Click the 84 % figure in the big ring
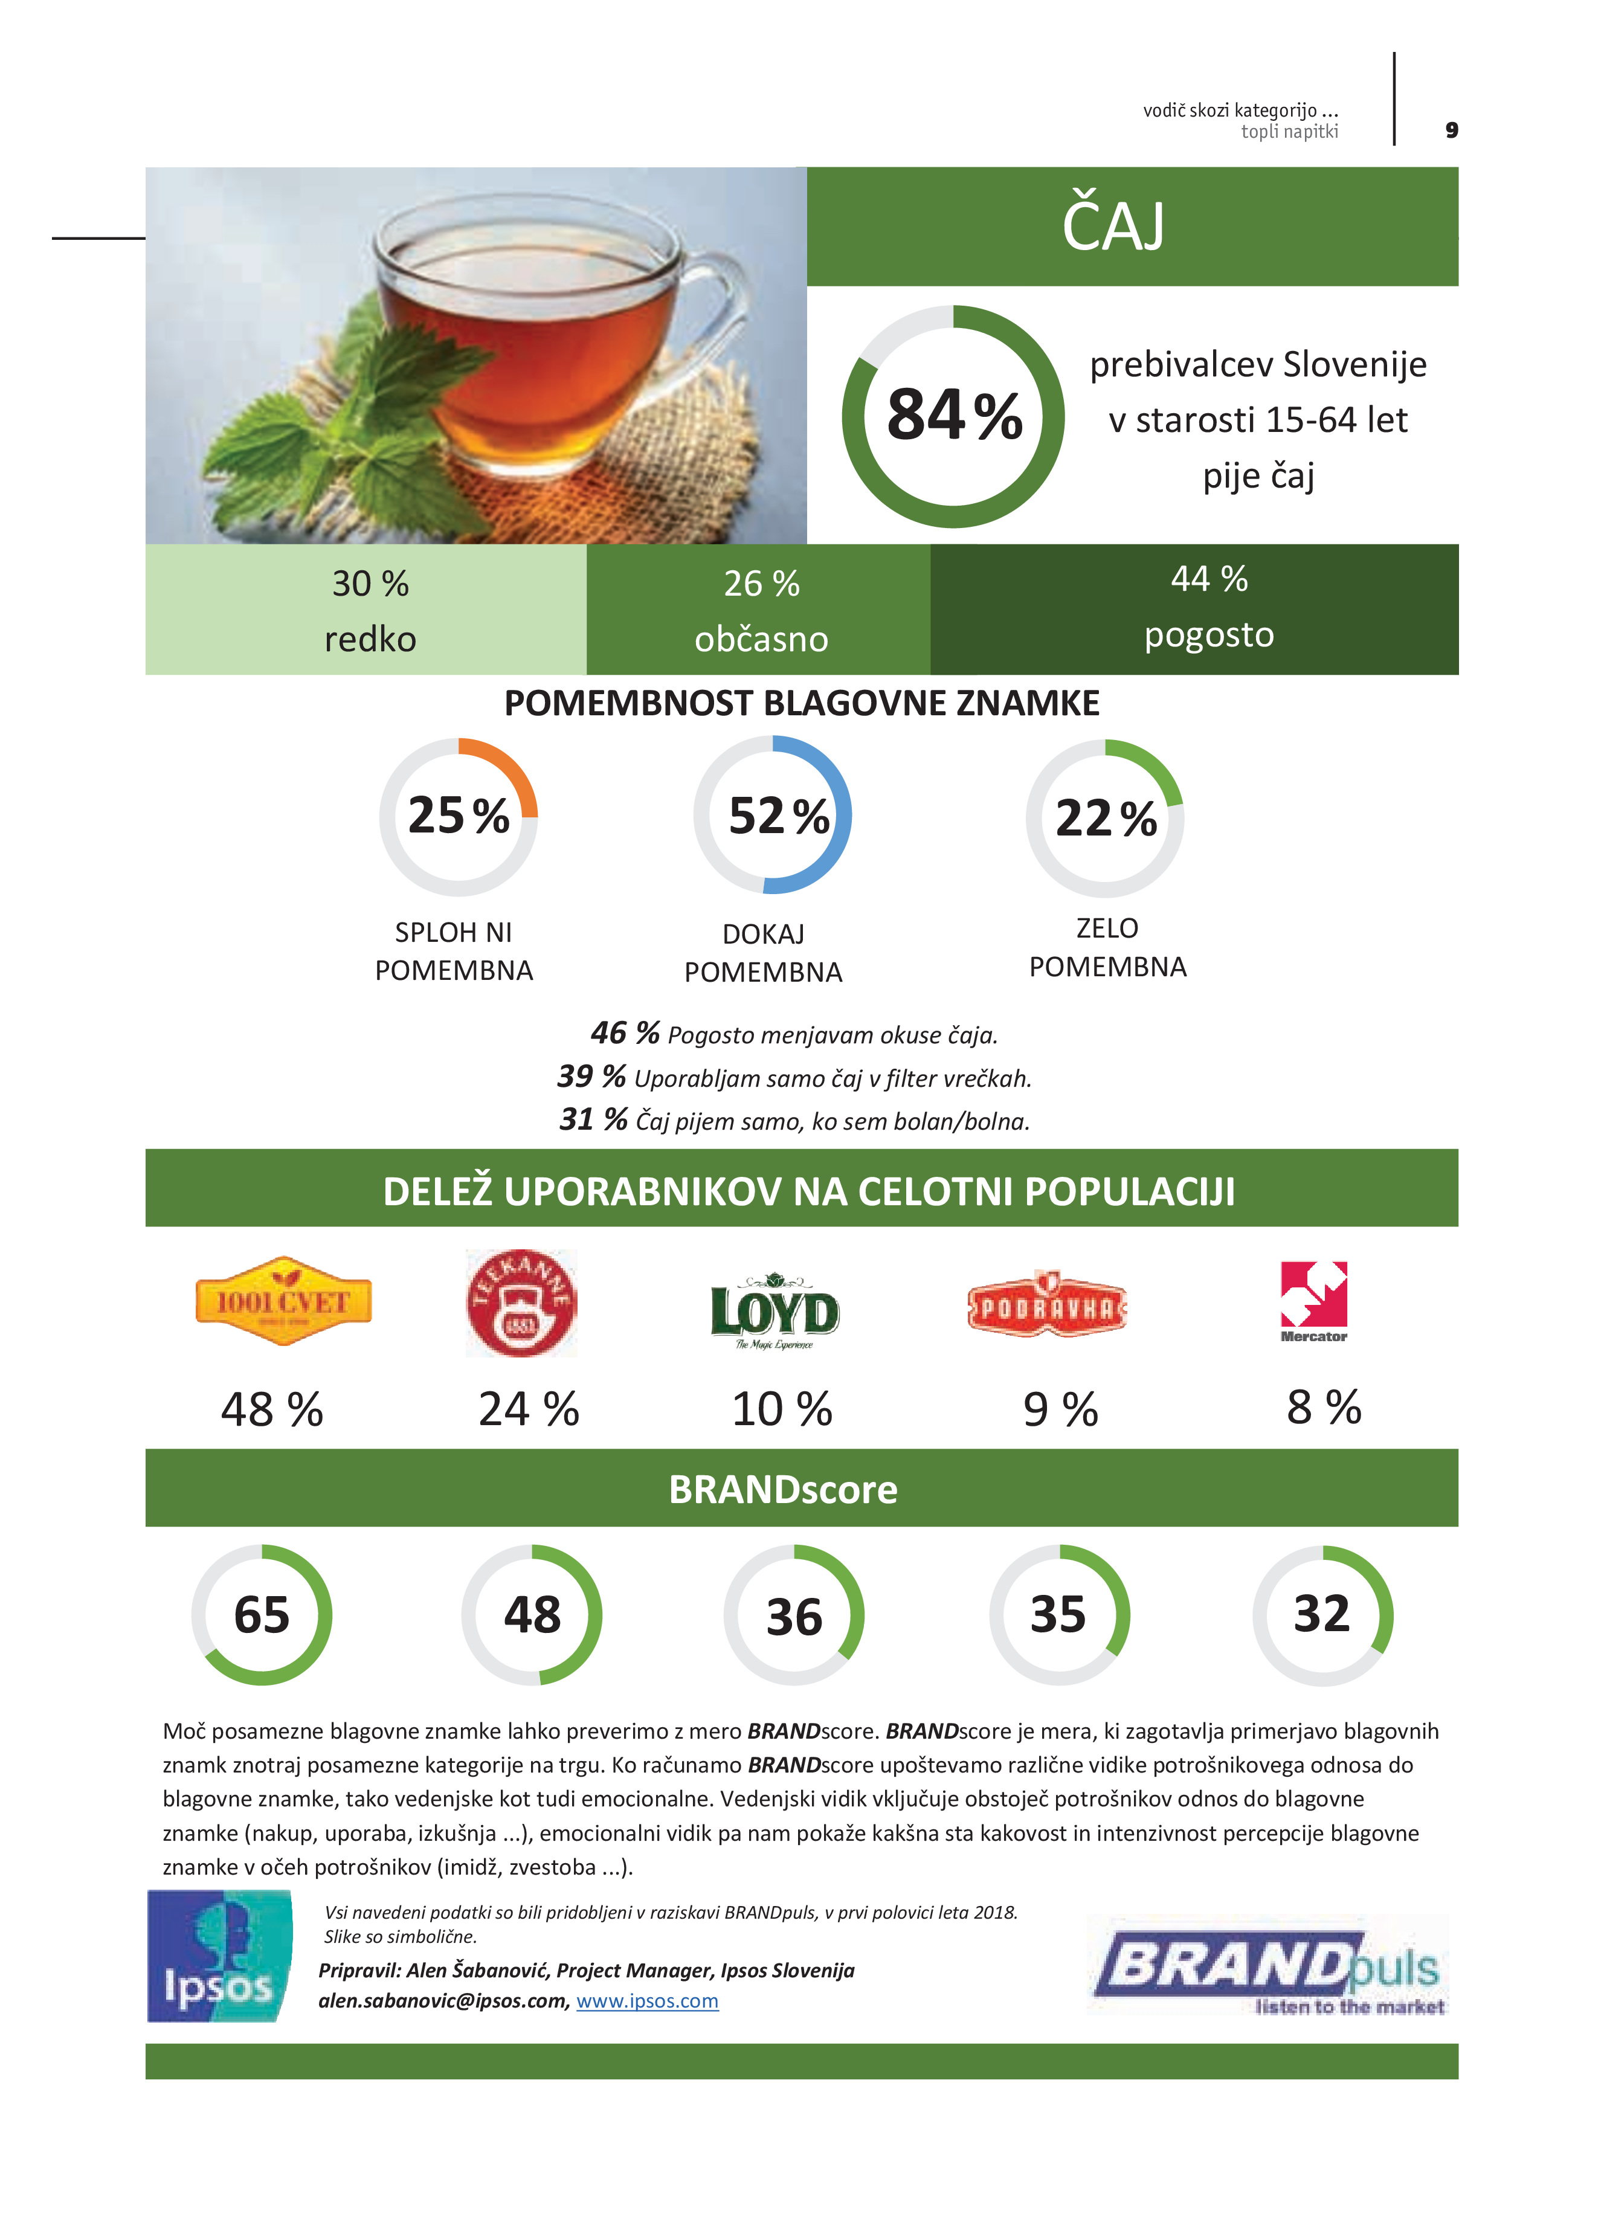[953, 415]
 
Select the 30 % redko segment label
[370, 610]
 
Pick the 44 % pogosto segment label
[1209, 607]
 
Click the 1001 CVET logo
[283, 1302]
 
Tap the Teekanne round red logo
[521, 1304]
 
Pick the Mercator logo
[1313, 1301]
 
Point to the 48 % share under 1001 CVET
[272, 1410]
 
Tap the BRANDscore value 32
[1321, 1614]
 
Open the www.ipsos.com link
[648, 2001]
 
